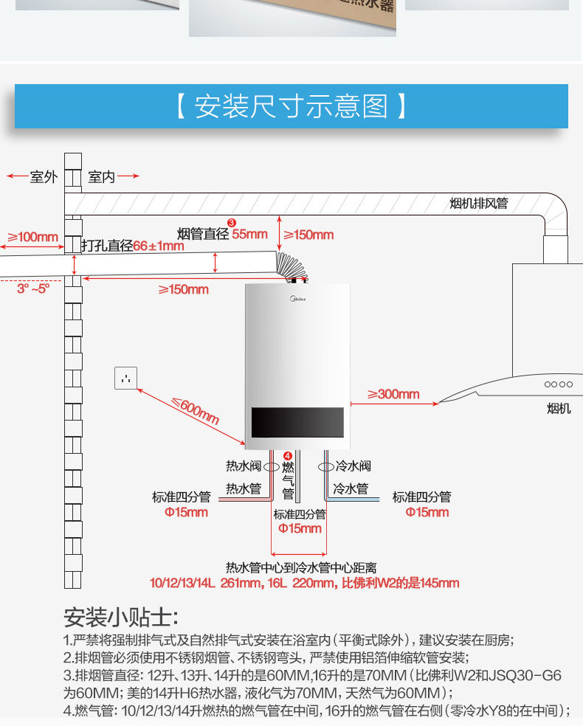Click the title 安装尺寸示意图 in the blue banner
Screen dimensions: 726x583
291,107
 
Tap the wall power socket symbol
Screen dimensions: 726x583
126,378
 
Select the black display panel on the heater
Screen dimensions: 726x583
297,421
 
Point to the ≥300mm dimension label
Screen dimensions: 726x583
393,394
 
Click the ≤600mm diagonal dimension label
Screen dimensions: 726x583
196,410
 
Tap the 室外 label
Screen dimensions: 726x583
43,177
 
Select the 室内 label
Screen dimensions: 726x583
101,177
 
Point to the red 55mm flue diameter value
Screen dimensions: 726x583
250,234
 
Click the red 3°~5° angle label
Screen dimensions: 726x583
32,288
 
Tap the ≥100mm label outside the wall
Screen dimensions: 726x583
32,237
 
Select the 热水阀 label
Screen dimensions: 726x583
244,466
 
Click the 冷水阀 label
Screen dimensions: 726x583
353,466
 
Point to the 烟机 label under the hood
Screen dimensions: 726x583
559,408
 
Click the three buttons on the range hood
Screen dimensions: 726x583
559,384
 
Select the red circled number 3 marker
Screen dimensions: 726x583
231,222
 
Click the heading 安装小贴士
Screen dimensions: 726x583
121,617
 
